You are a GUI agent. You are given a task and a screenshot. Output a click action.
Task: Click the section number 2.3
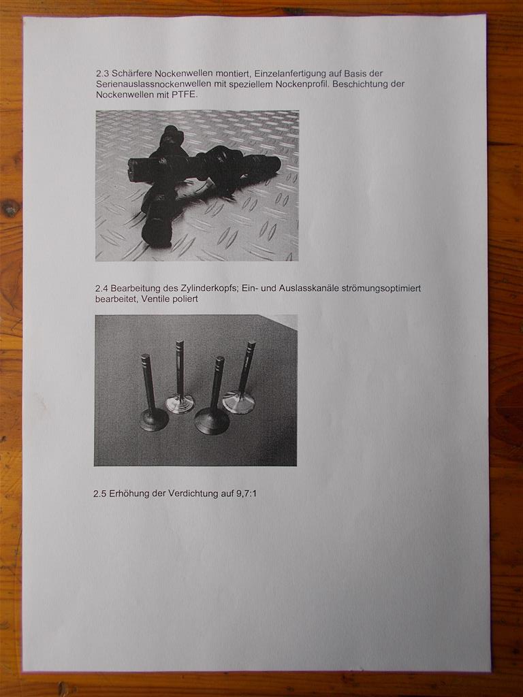[102, 74]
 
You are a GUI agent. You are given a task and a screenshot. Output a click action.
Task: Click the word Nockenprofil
[302, 84]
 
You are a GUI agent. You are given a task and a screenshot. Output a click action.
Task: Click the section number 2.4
[102, 289]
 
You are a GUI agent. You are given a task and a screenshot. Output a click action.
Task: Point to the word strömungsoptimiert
[381, 289]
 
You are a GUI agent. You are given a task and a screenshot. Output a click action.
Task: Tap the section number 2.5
[100, 493]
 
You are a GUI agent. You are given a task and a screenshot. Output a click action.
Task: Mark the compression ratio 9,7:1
[247, 493]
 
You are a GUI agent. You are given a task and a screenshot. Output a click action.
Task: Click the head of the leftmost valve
[154, 419]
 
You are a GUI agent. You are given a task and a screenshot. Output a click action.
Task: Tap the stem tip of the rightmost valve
[251, 344]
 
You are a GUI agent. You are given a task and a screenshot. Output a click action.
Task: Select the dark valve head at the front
[212, 421]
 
